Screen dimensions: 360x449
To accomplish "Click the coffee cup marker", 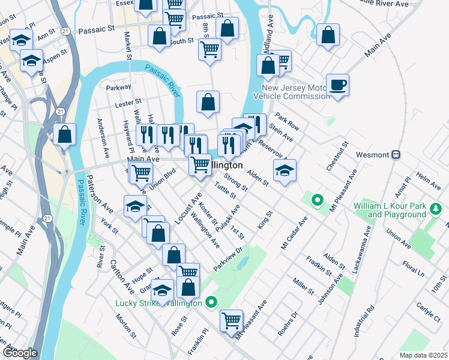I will [337, 85].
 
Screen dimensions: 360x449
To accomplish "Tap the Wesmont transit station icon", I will [396, 155].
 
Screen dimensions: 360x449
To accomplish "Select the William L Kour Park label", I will [398, 210].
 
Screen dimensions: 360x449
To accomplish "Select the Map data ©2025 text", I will [423, 355].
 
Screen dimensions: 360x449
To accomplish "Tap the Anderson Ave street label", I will [103, 138].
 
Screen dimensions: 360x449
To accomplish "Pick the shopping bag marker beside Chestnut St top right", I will [328, 35].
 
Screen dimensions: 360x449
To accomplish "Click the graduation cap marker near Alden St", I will [285, 170].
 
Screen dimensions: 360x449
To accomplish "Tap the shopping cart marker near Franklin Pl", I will [231, 320].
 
